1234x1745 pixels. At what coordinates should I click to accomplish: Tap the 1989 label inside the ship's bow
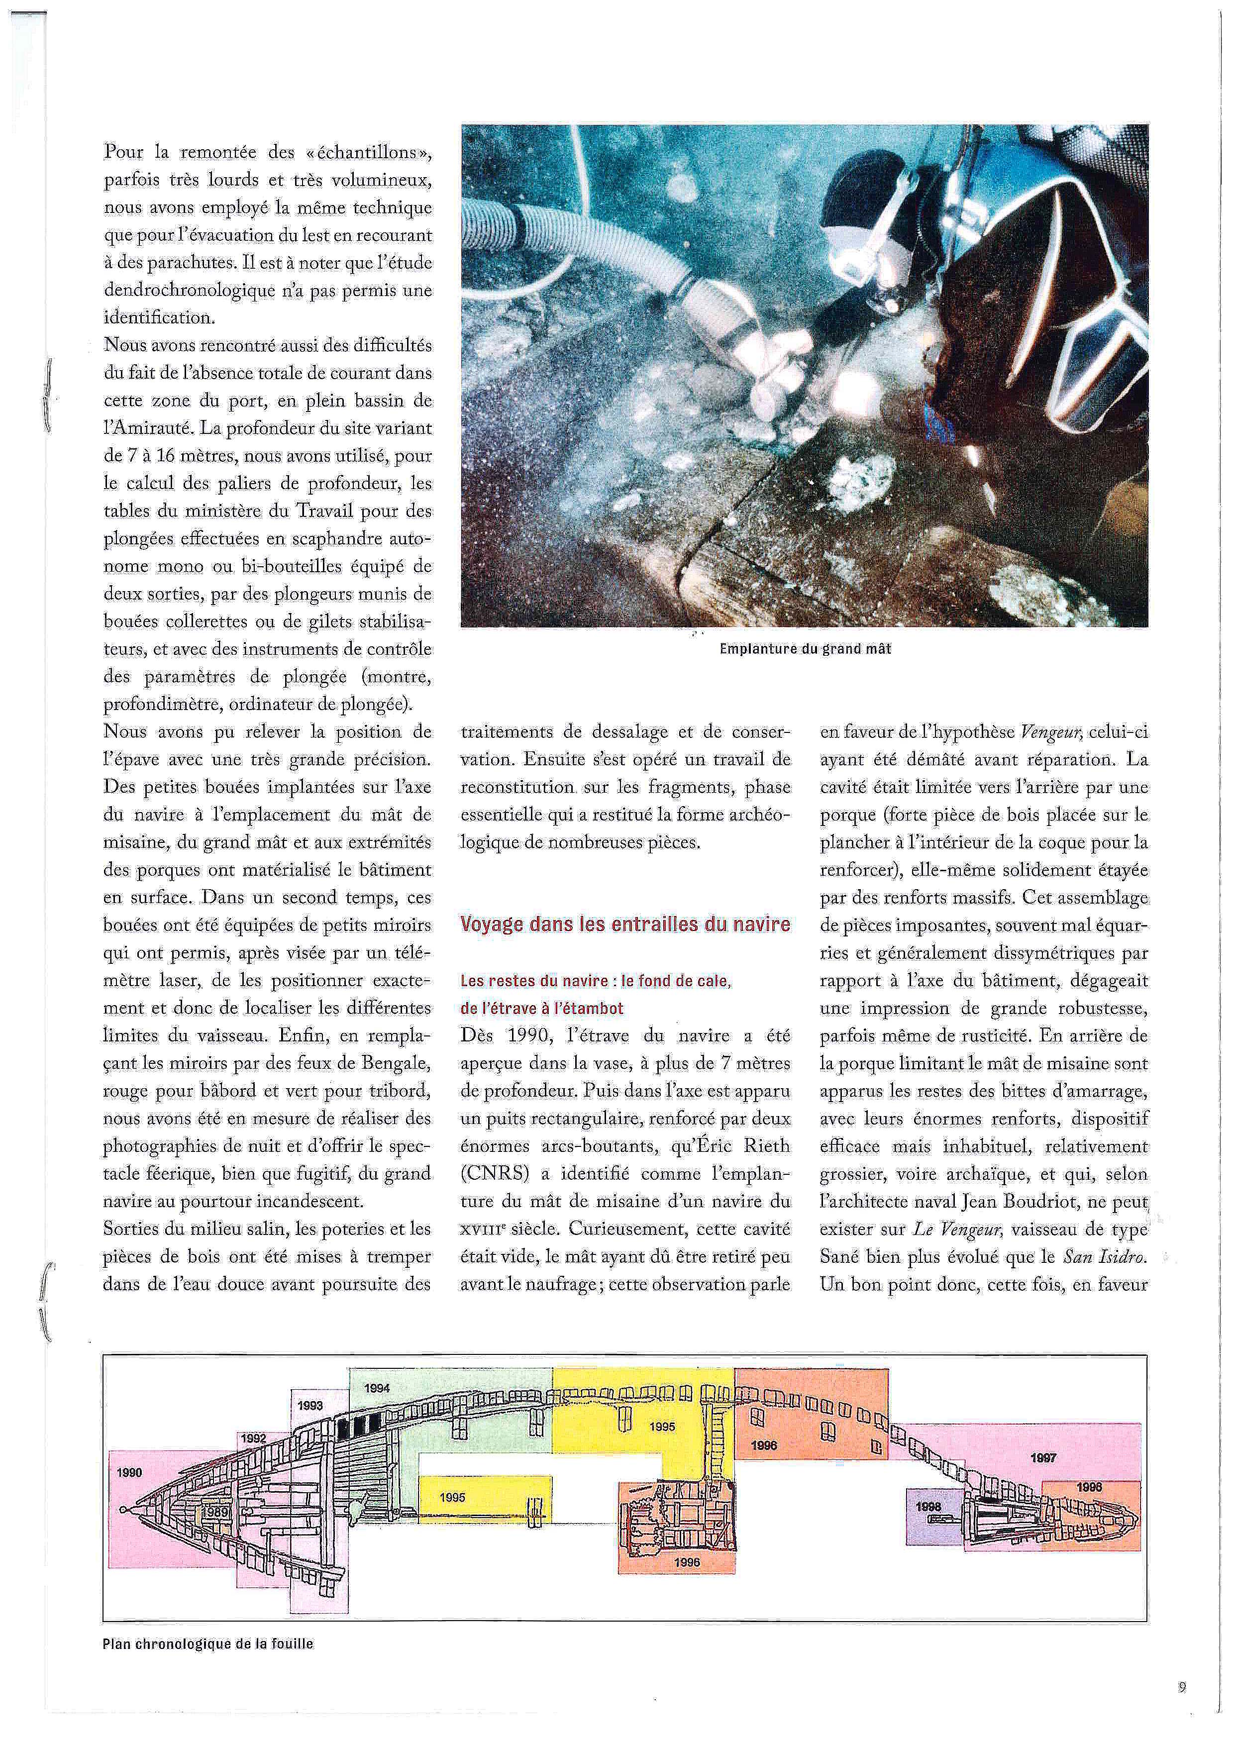point(216,1513)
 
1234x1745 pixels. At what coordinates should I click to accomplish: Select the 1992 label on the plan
point(254,1438)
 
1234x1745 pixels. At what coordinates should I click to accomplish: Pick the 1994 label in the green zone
point(377,1388)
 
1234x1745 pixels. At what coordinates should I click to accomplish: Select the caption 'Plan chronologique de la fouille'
point(207,1644)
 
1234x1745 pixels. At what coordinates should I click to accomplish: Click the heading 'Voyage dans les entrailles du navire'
point(625,924)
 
